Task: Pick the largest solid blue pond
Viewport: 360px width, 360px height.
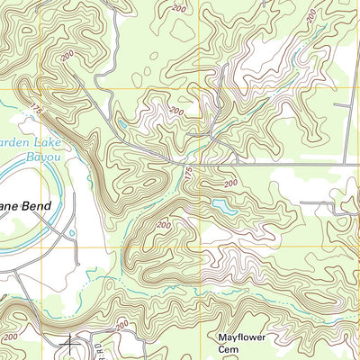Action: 219,208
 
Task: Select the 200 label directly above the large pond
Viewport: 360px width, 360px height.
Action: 233,183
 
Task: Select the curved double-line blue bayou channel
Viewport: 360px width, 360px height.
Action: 51,180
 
